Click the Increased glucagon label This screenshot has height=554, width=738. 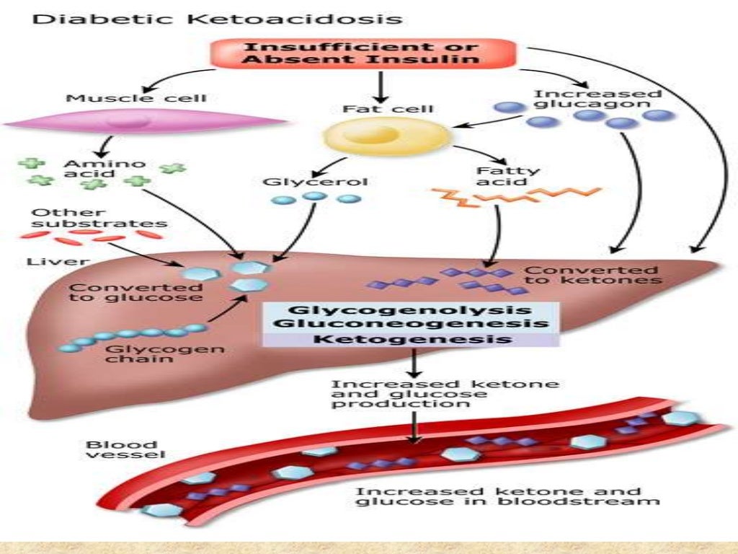tap(597, 98)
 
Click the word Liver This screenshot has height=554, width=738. tap(50, 260)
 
